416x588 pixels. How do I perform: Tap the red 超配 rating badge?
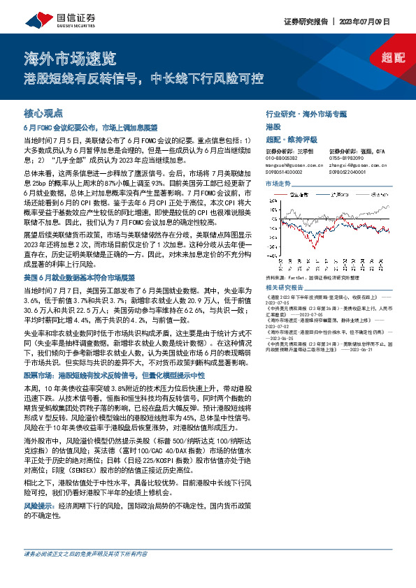coord(393,57)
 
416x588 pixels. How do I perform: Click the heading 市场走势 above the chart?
coord(278,184)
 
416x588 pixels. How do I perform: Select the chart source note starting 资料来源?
coord(315,278)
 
